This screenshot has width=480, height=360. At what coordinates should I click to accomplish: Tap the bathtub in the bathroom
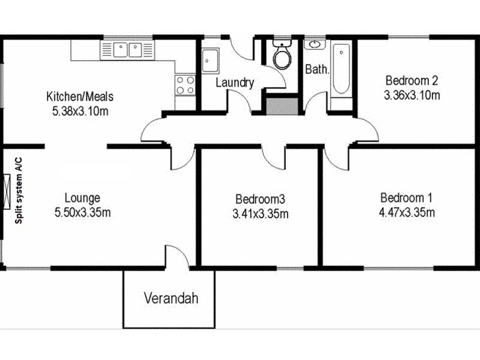[x=341, y=70]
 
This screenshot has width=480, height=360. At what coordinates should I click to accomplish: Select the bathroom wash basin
[x=314, y=44]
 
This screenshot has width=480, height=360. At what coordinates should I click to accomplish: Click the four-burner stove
[x=185, y=85]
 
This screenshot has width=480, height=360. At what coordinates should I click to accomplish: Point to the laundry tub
[x=211, y=61]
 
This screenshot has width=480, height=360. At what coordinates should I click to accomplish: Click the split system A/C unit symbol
[x=7, y=191]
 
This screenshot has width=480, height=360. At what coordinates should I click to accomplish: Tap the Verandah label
[x=171, y=298]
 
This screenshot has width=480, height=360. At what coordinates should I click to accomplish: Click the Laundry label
[x=235, y=83]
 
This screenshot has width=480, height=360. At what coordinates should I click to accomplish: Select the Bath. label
[x=317, y=69]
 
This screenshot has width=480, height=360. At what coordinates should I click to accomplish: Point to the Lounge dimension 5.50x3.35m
[x=83, y=212]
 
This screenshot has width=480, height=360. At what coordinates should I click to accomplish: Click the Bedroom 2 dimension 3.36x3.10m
[x=412, y=95]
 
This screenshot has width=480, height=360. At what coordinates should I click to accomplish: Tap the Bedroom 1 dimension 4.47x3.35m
[x=407, y=212]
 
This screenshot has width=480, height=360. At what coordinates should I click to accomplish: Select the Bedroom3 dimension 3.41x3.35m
[x=260, y=214]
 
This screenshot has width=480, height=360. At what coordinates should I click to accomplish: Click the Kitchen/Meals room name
[x=80, y=97]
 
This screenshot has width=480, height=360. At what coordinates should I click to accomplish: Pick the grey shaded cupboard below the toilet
[x=282, y=106]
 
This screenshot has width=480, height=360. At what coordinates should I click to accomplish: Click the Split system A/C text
[x=19, y=190]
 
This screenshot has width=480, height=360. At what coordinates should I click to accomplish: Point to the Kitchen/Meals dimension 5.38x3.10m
[x=80, y=111]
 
